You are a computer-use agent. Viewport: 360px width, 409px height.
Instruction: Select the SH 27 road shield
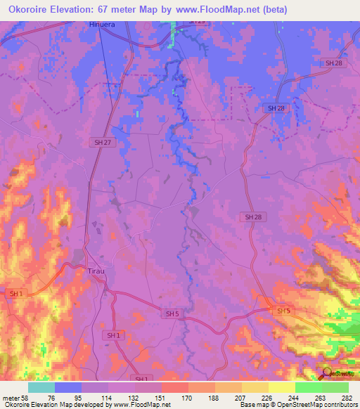(103, 142)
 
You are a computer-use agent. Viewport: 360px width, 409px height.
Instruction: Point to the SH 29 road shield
(197, 22)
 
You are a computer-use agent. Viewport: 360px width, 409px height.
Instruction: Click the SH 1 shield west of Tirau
(15, 293)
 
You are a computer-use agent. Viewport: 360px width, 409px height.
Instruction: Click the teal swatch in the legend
(41, 387)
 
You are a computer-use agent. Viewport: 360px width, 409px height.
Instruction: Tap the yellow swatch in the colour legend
(282, 387)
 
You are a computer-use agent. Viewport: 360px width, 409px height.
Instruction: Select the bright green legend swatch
(309, 387)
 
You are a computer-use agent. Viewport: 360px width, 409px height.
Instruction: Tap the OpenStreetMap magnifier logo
(327, 373)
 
